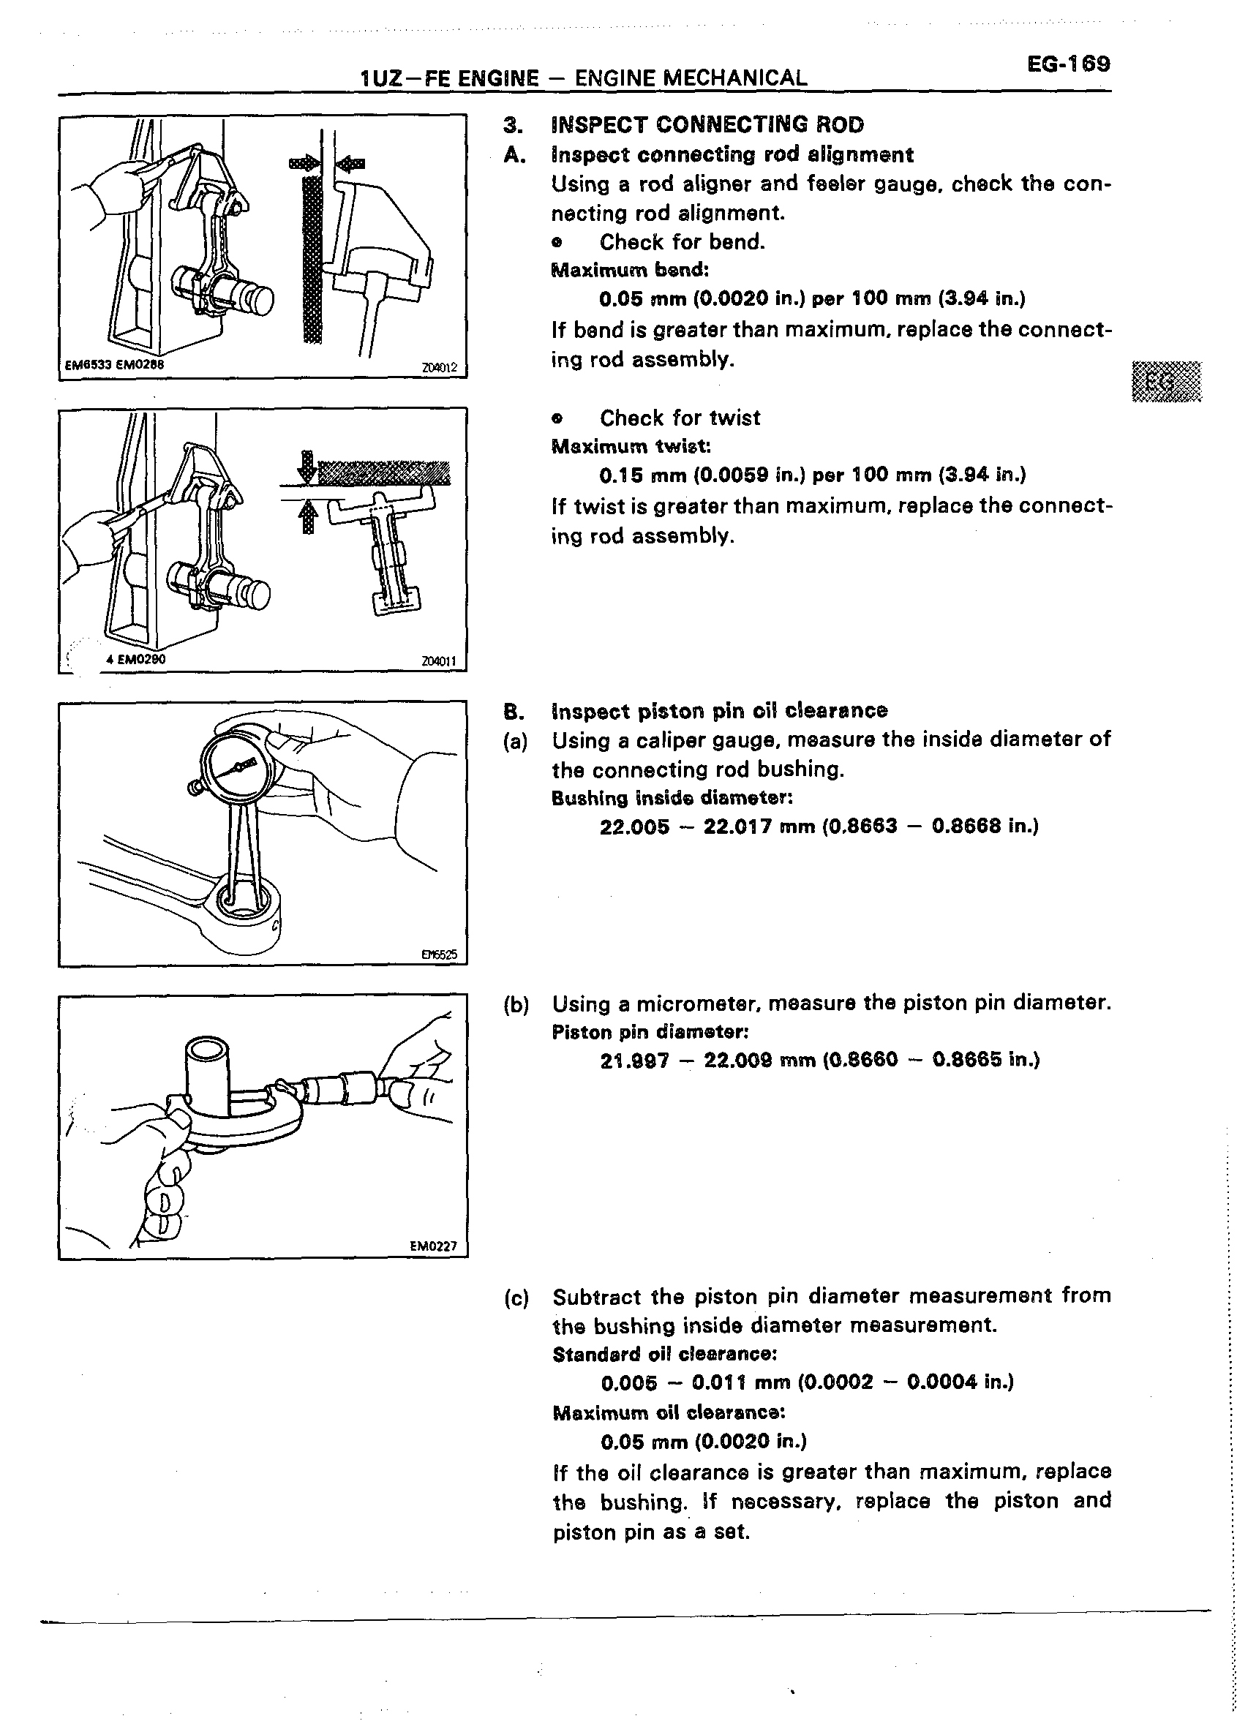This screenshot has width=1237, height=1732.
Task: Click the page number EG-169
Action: (1068, 63)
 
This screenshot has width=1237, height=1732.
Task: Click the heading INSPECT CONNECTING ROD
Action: (707, 124)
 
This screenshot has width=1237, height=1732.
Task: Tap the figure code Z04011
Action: (439, 661)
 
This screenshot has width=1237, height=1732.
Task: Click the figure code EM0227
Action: (432, 1247)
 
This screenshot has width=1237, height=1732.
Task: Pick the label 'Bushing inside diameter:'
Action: (672, 798)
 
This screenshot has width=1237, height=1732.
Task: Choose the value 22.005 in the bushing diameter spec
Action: (633, 827)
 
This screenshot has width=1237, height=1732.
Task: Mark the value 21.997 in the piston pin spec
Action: (633, 1061)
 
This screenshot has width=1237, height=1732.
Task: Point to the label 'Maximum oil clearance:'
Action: (668, 1413)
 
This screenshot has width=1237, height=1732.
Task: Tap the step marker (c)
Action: (516, 1297)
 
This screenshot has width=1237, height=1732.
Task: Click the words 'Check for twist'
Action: (680, 418)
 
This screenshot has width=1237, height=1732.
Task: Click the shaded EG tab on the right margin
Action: (1166, 382)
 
